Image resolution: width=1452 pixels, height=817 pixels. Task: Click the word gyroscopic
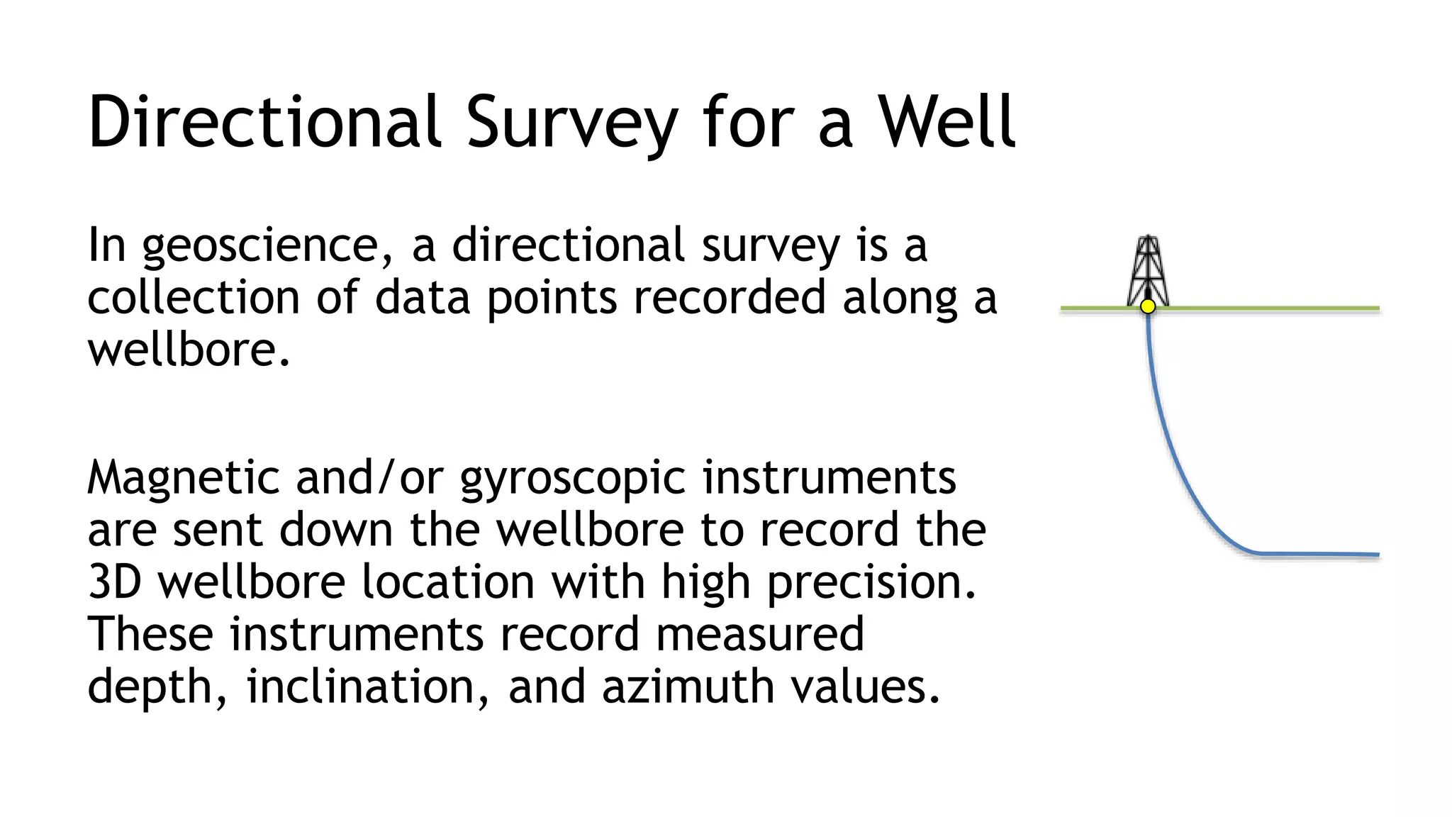(x=573, y=479)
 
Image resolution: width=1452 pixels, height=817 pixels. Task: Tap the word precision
(x=871, y=584)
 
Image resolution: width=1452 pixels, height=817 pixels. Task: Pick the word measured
(x=759, y=634)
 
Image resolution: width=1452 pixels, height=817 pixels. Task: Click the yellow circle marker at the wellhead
(x=1148, y=306)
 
